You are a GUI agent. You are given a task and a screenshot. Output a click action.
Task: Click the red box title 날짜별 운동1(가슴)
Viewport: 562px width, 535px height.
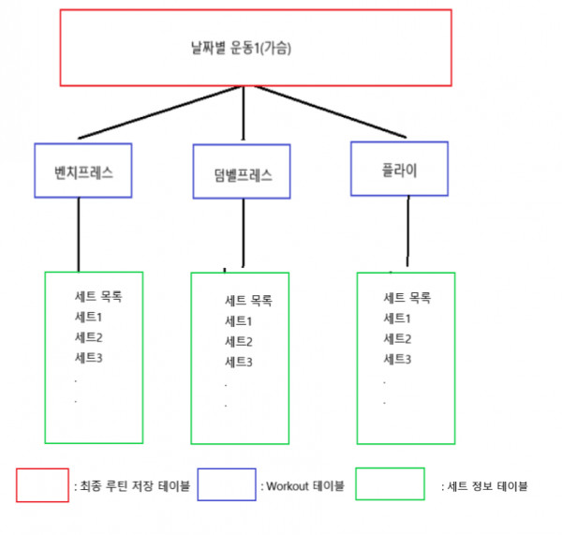241,48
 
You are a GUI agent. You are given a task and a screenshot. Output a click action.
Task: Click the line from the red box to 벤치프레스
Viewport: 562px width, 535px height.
159,112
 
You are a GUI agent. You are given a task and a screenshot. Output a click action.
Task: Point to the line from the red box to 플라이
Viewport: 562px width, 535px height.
331,111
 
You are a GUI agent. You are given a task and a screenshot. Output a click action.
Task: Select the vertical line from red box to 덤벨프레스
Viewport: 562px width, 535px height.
244,112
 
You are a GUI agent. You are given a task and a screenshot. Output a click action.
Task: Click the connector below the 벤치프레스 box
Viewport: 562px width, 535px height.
79,235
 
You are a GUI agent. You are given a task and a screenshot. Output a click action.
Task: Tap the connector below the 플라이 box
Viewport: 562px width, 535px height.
407,231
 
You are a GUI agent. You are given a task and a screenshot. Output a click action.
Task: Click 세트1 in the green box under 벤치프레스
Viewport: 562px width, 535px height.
88,317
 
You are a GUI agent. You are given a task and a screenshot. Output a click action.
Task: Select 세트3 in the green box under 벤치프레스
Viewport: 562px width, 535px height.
88,358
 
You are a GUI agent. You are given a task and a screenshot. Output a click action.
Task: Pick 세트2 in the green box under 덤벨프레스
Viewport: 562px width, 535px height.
238,341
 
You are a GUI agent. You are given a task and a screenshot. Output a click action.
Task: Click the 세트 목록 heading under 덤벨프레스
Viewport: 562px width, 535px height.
248,300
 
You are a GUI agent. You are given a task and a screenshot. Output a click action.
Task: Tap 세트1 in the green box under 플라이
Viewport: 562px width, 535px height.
397,318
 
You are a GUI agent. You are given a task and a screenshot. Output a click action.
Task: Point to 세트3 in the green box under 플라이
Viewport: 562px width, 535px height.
397,359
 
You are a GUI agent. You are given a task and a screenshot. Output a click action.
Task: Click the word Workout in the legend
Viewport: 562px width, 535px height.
288,486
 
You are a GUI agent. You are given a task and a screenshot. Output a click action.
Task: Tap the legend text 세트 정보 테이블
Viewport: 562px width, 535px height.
487,486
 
